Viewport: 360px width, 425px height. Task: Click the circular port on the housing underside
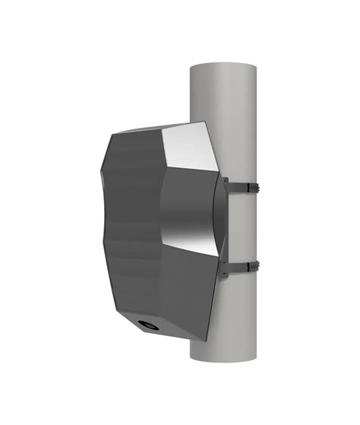click(x=147, y=325)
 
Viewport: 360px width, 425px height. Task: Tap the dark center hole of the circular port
click(x=148, y=325)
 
